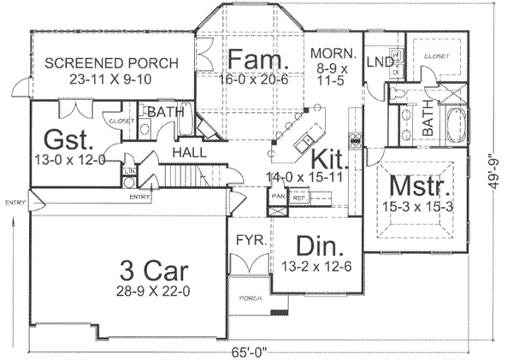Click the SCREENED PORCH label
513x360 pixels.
point(111,62)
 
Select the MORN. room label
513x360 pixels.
point(332,50)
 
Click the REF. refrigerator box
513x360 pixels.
point(299,196)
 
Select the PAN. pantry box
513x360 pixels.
point(279,196)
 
